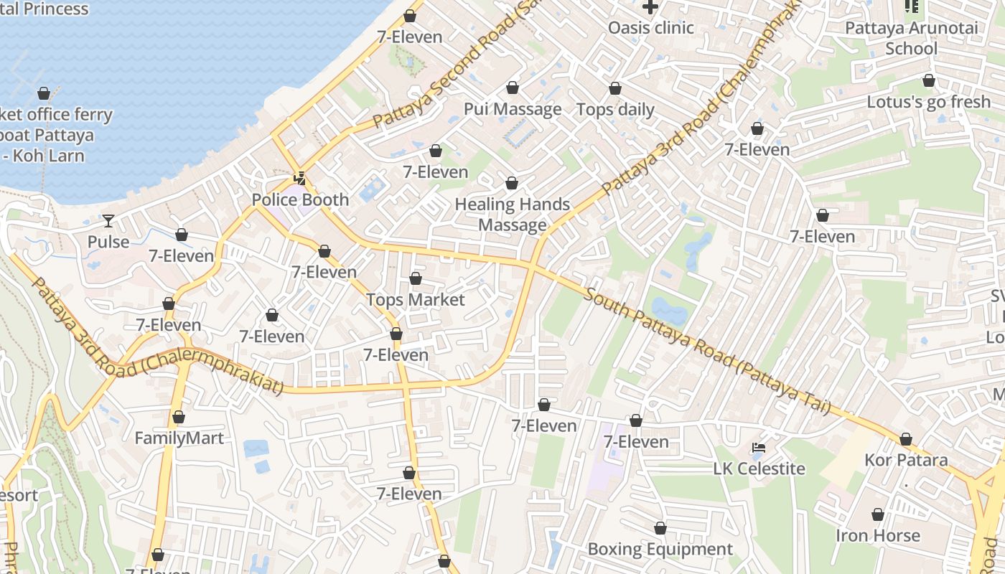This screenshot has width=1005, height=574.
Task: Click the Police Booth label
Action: pyautogui.click(x=300, y=199)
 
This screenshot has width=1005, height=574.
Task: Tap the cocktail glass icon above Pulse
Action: pyautogui.click(x=108, y=220)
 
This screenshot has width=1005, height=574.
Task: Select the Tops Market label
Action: pyautogui.click(x=416, y=299)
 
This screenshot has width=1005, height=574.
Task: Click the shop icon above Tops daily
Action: pyautogui.click(x=615, y=88)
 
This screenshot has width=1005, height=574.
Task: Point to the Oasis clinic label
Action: pyautogui.click(x=650, y=28)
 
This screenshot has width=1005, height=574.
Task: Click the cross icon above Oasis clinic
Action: pyautogui.click(x=650, y=7)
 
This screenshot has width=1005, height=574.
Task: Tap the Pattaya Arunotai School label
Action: pyautogui.click(x=911, y=38)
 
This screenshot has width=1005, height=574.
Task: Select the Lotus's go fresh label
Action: pyautogui.click(x=928, y=102)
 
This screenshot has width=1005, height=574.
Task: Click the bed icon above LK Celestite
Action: pyautogui.click(x=759, y=448)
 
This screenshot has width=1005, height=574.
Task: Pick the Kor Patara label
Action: pyautogui.click(x=906, y=460)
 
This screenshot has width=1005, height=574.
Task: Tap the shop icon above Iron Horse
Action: pyautogui.click(x=877, y=514)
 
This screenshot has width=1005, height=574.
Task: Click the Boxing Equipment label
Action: pyautogui.click(x=660, y=549)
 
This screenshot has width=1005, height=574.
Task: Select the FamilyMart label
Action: pyautogui.click(x=179, y=438)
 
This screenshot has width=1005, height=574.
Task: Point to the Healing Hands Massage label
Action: pyautogui.click(x=512, y=214)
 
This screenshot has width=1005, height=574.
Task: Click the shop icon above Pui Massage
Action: pyautogui.click(x=513, y=88)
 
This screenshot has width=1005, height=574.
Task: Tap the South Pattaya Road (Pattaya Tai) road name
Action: pyautogui.click(x=707, y=351)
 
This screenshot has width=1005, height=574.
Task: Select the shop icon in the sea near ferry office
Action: pyautogui.click(x=44, y=93)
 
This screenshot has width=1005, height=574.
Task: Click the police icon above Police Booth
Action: pyautogui.click(x=300, y=179)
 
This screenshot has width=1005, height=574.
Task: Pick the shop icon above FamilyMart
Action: pyautogui.click(x=179, y=417)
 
